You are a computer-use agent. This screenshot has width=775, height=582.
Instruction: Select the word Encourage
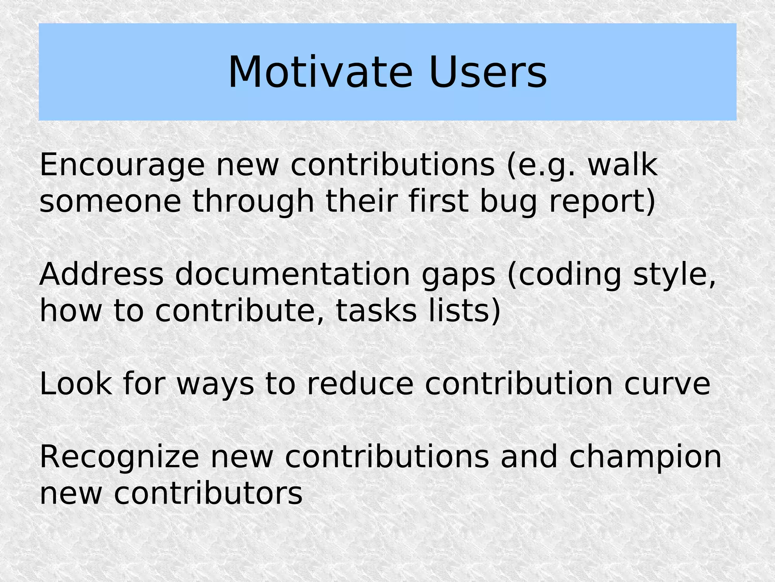[x=122, y=165]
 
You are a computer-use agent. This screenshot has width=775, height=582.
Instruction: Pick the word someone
[x=110, y=201]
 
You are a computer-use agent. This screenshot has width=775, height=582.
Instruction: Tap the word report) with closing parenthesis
[x=602, y=202]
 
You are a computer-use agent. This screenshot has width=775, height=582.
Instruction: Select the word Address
[x=101, y=274]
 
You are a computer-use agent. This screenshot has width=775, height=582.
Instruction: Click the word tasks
[x=376, y=311]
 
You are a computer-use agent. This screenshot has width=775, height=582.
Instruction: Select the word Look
[x=76, y=384]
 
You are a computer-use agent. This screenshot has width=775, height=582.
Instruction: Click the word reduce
[x=360, y=384]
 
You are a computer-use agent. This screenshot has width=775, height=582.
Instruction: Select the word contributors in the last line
[x=208, y=494]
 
